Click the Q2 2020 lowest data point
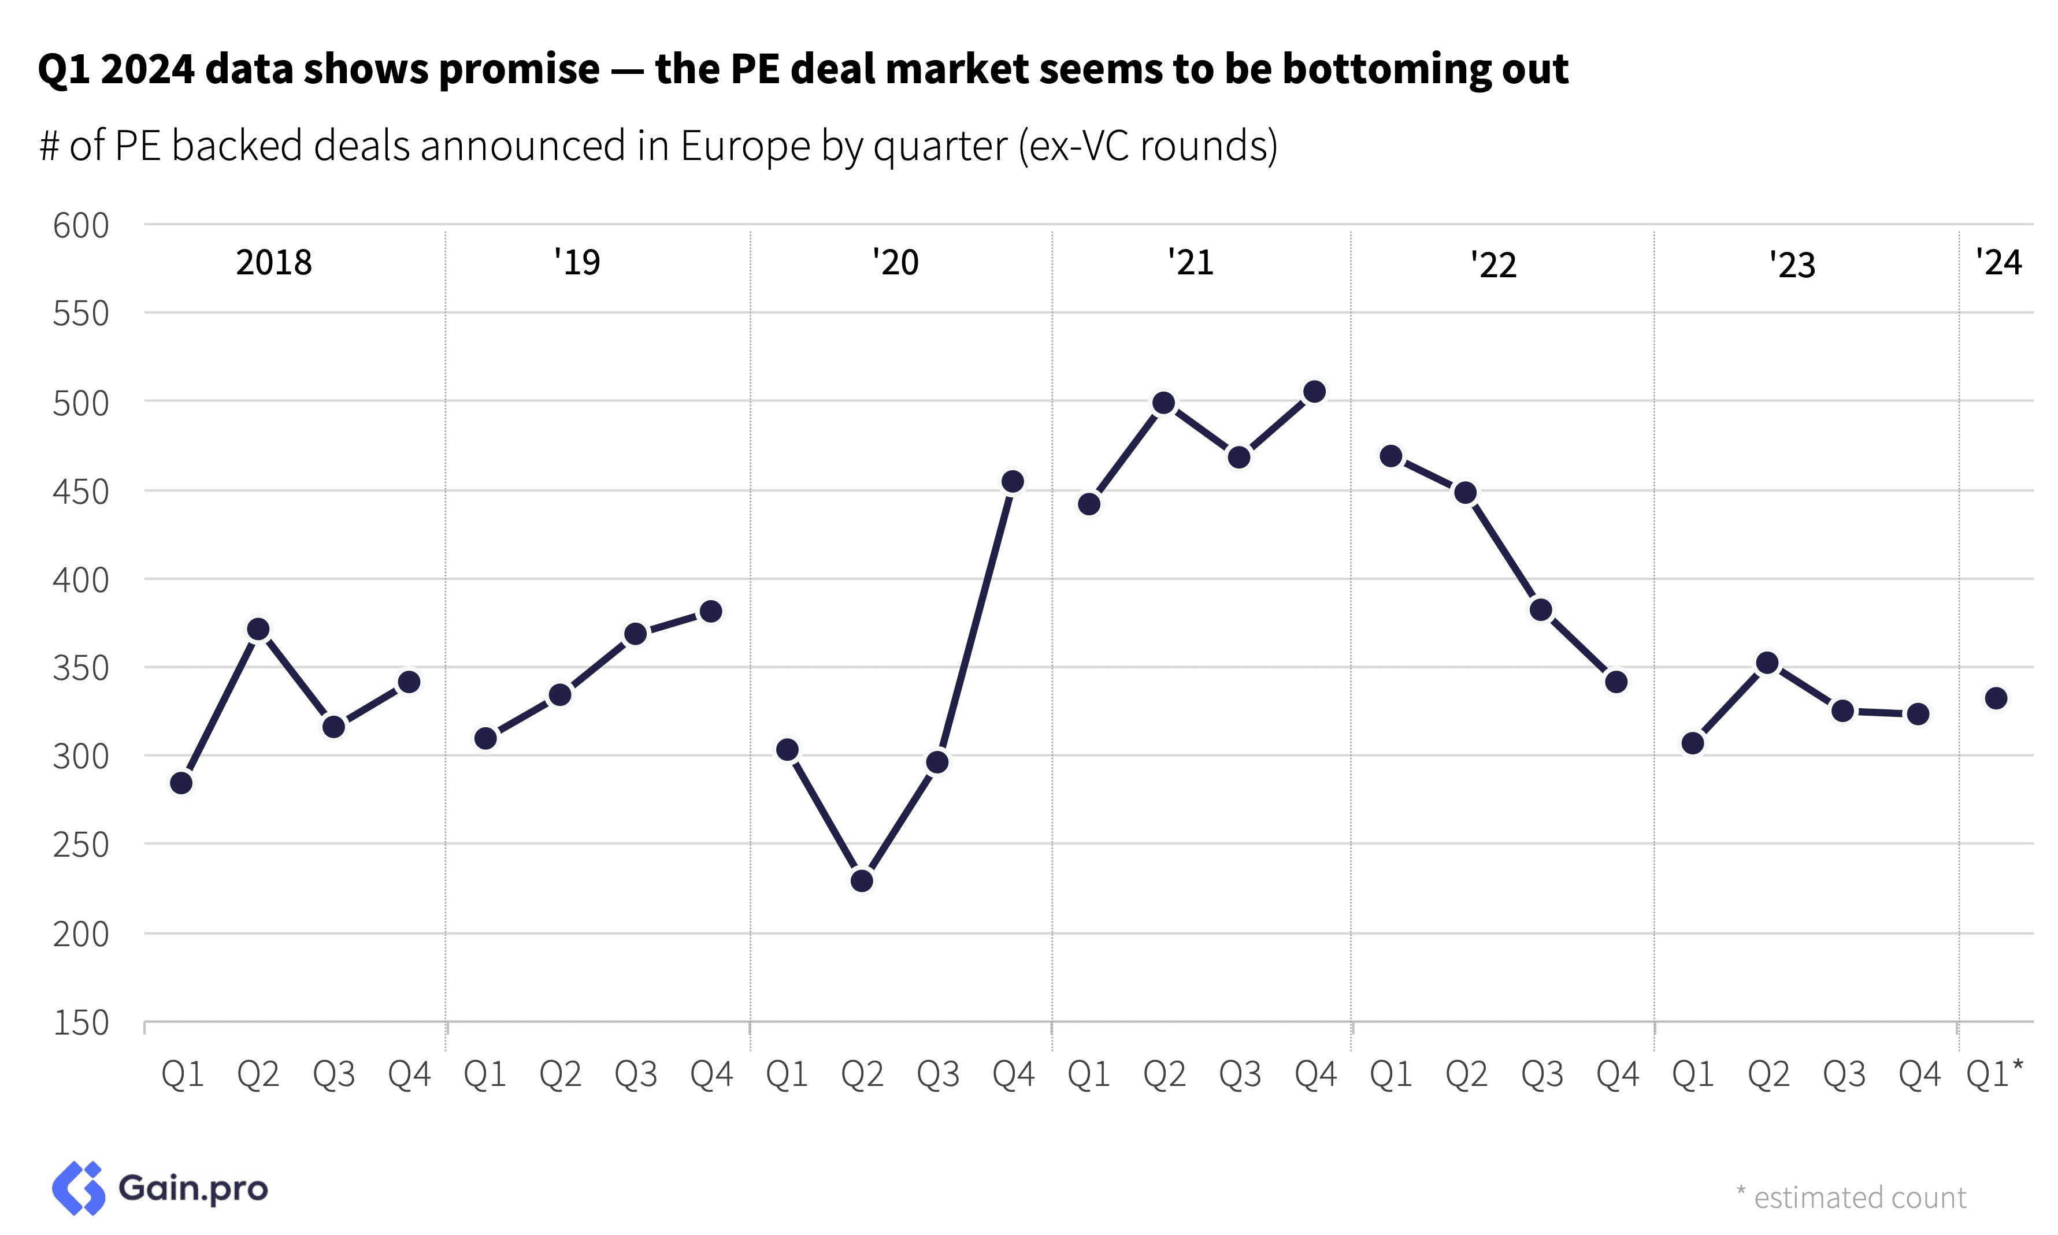(862, 880)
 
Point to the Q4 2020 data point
(1013, 482)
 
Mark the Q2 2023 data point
(1767, 663)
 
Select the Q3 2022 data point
(1541, 610)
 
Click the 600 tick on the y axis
(81, 225)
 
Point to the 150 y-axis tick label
(81, 1023)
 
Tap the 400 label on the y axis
(81, 580)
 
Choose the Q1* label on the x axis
(1994, 1074)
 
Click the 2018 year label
(274, 263)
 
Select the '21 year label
(1191, 263)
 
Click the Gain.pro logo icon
(79, 1188)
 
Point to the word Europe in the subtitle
(745, 147)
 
